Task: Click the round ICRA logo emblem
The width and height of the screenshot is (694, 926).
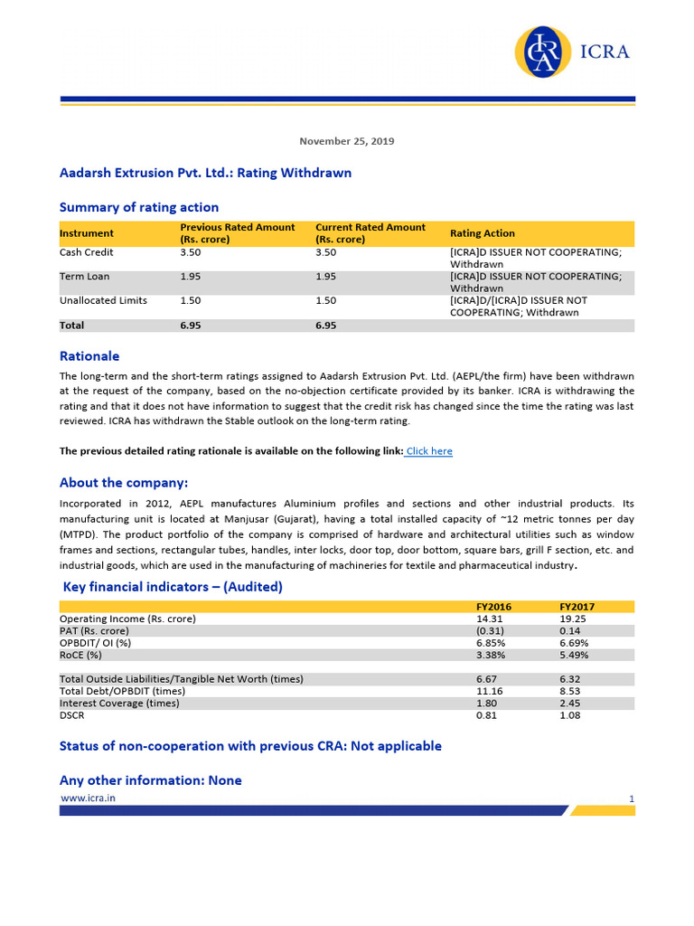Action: point(544,52)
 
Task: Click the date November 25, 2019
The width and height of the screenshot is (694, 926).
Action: point(346,141)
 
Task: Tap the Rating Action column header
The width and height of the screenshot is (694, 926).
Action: point(482,233)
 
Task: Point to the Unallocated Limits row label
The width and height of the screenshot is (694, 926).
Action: point(103,300)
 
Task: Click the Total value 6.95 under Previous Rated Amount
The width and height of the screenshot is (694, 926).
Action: point(192,325)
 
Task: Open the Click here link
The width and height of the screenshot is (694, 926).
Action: point(428,450)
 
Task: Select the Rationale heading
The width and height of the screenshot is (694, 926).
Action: point(89,356)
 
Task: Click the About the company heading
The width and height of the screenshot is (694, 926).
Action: point(124,483)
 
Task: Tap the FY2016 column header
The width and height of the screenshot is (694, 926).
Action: point(493,606)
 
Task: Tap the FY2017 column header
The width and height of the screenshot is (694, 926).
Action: point(577,606)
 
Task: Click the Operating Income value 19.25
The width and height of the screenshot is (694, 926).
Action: point(574,619)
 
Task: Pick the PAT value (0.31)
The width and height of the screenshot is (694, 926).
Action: point(490,630)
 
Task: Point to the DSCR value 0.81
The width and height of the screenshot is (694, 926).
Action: point(486,715)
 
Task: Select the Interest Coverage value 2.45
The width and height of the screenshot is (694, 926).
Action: point(570,703)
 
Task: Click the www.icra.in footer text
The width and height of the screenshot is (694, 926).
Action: point(88,798)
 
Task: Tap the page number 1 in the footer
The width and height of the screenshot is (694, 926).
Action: point(631,798)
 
